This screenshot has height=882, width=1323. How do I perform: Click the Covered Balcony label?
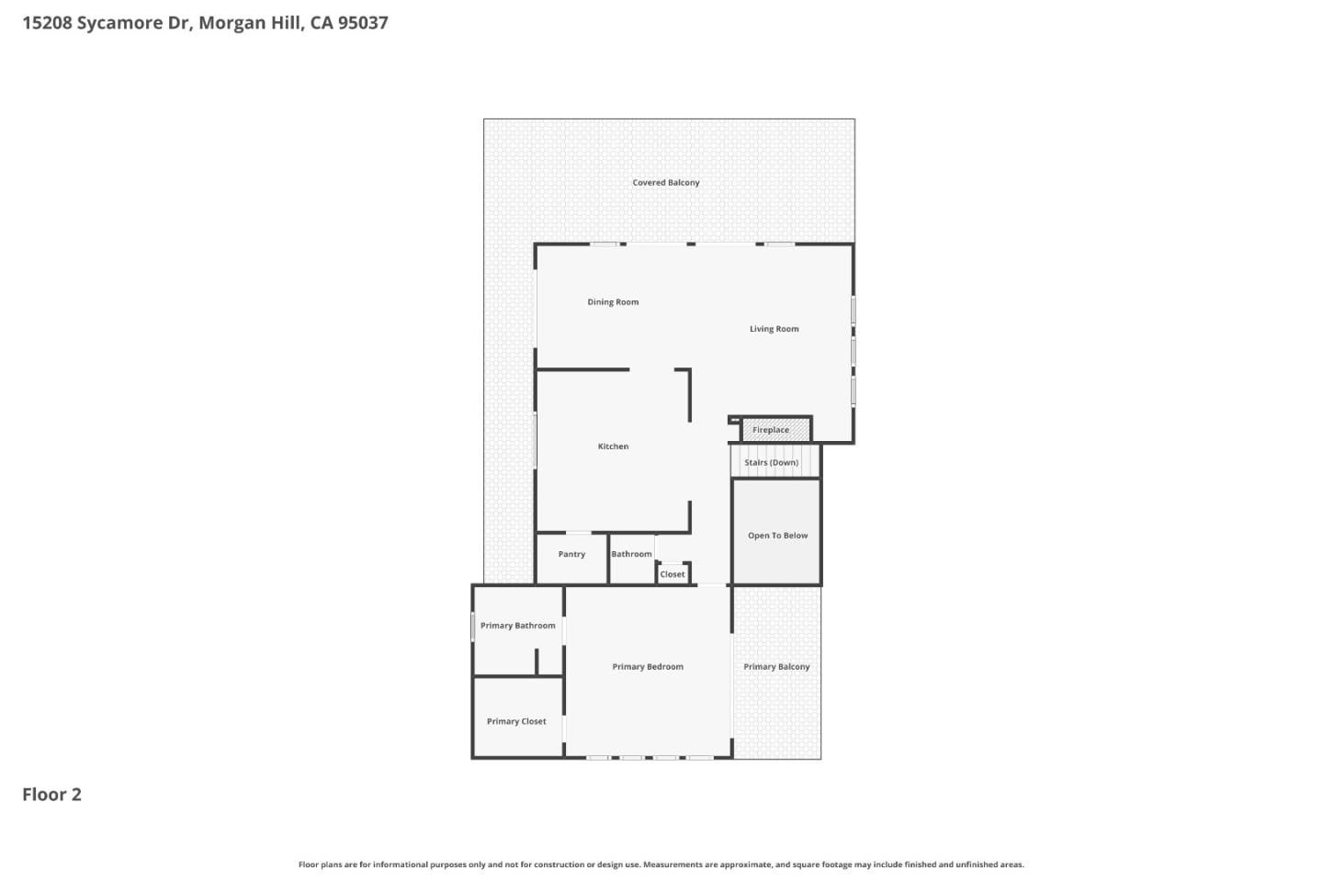click(665, 183)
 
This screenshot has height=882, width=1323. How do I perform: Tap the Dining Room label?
click(613, 302)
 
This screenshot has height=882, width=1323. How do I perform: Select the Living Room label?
click(774, 329)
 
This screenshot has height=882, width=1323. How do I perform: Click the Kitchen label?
click(613, 447)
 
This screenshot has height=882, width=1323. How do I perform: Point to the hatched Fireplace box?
click(775, 429)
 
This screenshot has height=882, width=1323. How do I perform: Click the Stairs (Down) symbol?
click(772, 461)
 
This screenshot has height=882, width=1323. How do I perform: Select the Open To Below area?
click(777, 535)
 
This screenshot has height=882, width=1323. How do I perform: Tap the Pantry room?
click(571, 555)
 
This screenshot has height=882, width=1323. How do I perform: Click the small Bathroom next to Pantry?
click(631, 555)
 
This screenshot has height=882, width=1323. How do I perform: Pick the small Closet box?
click(673, 574)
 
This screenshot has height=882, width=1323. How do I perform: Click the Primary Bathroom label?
click(517, 626)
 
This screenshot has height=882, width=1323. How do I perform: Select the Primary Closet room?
click(516, 721)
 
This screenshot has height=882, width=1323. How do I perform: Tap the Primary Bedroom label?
click(648, 667)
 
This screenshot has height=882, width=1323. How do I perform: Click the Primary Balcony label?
click(776, 667)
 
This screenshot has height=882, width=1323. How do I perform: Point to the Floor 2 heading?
click(51, 795)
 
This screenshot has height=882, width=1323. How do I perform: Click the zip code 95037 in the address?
click(362, 23)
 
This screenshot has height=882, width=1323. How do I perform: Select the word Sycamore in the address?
click(119, 23)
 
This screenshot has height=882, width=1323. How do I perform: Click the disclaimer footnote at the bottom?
click(661, 865)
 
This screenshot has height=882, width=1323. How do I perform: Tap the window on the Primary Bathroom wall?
click(473, 628)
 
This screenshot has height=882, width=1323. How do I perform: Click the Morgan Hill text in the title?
click(250, 23)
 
